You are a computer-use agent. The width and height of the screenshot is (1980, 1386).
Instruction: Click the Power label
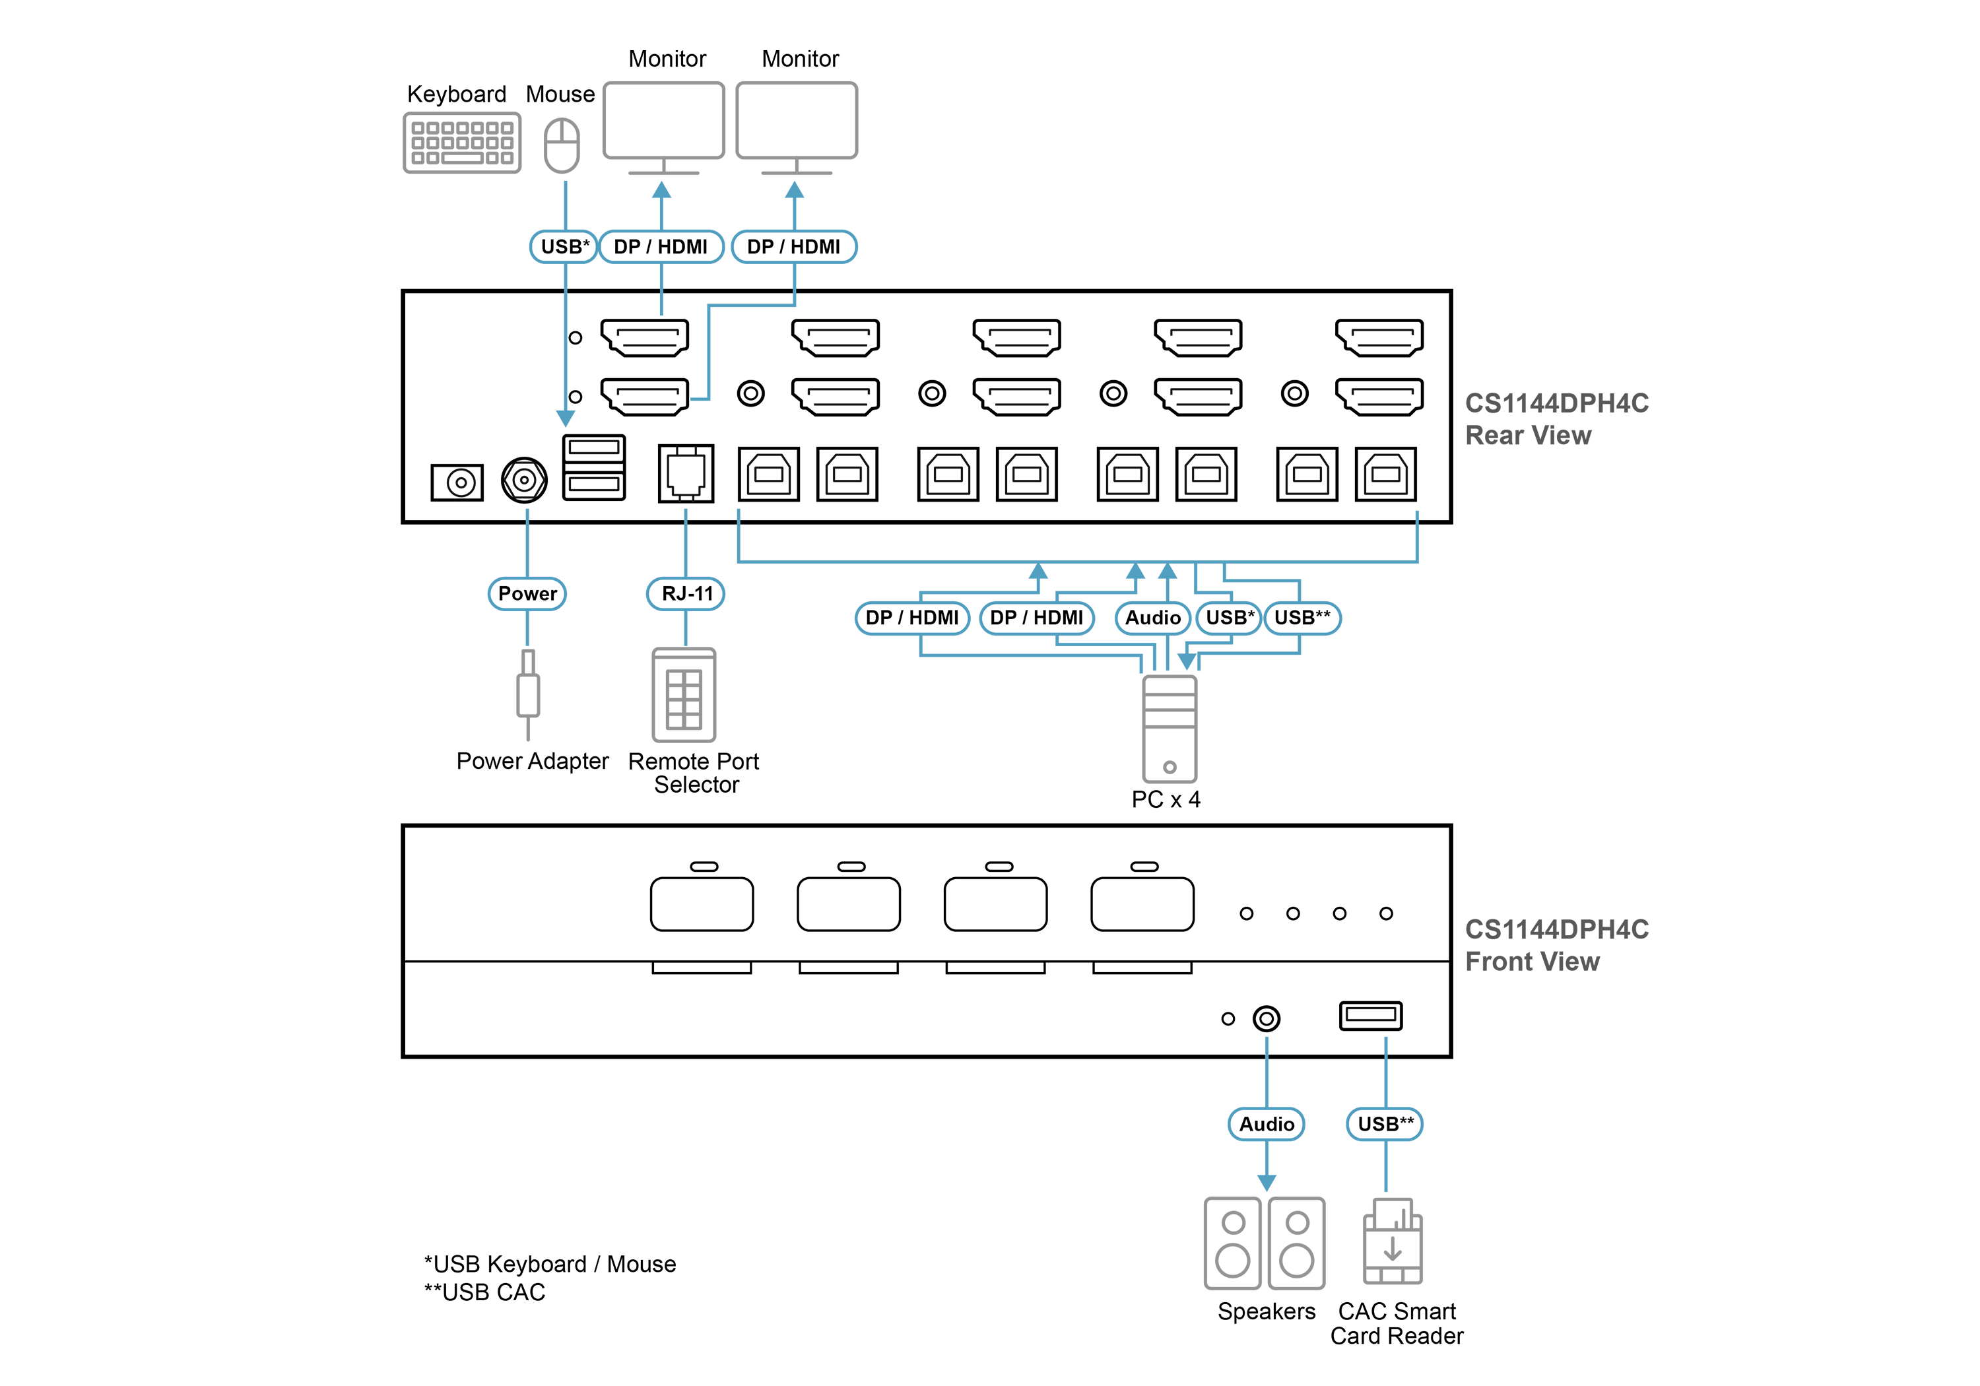[527, 593]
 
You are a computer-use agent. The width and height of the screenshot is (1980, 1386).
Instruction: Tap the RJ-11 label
[686, 593]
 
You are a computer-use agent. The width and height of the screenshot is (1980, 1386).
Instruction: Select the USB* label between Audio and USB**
[1229, 618]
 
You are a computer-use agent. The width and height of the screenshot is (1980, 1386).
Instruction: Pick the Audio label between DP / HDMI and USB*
[1152, 618]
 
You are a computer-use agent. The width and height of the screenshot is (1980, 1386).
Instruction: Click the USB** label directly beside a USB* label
[1302, 618]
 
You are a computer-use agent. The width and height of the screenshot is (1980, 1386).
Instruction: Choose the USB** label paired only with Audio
[1385, 1124]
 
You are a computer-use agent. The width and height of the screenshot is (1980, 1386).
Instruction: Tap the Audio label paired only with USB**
[1266, 1124]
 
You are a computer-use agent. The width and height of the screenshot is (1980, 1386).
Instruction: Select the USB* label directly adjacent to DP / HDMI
[565, 247]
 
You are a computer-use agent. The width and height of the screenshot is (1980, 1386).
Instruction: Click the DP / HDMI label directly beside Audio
[1037, 618]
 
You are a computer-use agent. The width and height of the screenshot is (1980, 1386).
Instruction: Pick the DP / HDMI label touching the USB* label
[660, 247]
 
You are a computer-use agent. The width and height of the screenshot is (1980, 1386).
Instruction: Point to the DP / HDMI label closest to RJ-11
[911, 618]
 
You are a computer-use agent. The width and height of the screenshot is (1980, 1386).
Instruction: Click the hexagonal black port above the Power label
[523, 480]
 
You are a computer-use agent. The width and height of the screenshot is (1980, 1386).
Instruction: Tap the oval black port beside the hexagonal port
[459, 482]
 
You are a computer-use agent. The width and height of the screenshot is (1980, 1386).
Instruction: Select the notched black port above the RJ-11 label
[686, 473]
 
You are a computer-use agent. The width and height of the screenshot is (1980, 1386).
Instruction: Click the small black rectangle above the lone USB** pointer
[1370, 1014]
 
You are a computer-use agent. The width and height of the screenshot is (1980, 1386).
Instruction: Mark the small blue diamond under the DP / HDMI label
[661, 304]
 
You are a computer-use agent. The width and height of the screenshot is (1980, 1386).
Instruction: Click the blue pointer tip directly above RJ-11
[686, 514]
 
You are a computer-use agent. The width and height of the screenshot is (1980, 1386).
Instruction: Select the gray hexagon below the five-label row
[1170, 729]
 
